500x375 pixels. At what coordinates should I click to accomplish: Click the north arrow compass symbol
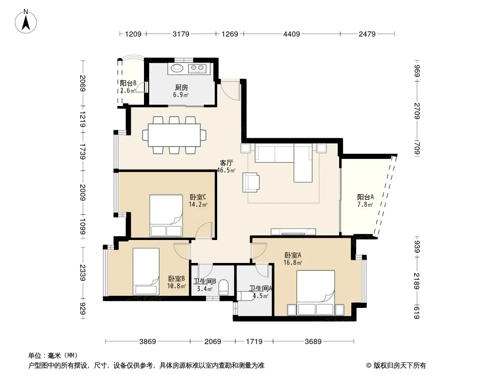coord(26,22)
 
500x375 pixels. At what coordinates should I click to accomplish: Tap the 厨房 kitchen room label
coord(182,87)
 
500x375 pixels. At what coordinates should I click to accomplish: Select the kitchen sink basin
coord(176,68)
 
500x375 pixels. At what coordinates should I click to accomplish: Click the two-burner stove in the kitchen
coord(197,68)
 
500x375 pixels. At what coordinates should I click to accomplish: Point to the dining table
coord(174,135)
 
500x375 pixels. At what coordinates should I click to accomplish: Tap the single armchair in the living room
coord(251,182)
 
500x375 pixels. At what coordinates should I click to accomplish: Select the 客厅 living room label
coord(227,163)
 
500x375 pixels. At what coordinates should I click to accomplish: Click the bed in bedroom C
coord(166,216)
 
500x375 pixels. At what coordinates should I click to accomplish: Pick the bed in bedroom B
coord(146,271)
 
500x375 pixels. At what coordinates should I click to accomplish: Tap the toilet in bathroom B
coord(224,287)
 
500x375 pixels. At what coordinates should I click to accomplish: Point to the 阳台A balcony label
coord(365,197)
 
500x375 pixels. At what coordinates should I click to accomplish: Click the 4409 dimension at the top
coord(292,34)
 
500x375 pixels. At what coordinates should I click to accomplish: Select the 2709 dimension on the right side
coord(417,111)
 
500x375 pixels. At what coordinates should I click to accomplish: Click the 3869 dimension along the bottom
coord(148,342)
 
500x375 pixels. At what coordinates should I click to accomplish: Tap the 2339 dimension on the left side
coord(83,272)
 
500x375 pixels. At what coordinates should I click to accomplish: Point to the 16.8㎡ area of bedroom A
coord(293,262)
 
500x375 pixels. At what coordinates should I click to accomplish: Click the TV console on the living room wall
coord(293,232)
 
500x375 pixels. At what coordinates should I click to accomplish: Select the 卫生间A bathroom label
coord(260,288)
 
